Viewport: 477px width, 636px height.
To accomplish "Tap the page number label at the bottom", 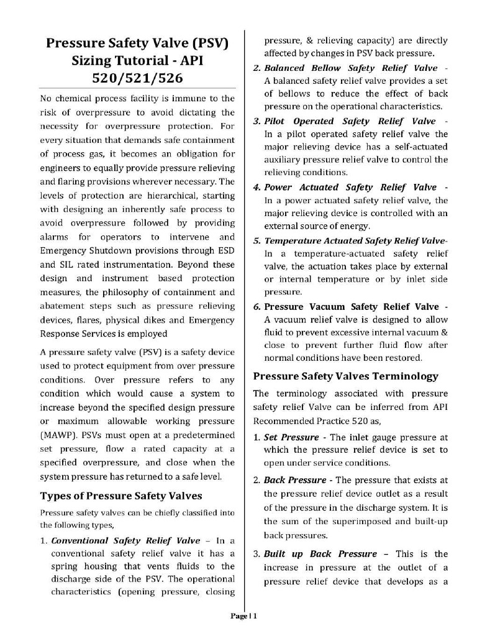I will tap(243, 616).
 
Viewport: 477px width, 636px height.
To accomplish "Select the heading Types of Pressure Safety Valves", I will tap(121, 496).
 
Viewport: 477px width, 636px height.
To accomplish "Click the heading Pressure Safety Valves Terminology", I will tap(346, 376).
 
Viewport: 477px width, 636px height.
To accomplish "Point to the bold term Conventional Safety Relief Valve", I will tap(125, 540).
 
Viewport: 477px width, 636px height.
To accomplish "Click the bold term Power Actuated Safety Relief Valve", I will tap(350, 187).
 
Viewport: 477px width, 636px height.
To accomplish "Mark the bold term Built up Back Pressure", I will tap(320, 553).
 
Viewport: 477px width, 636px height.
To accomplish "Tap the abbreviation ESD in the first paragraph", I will tap(224, 252).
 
